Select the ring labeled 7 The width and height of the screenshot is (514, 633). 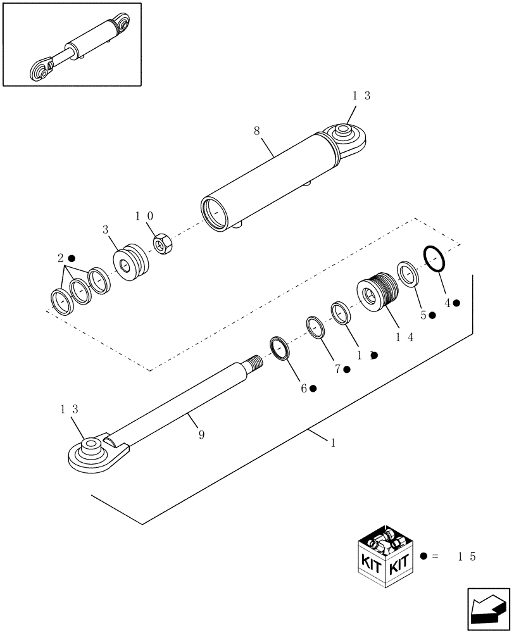coord(316,327)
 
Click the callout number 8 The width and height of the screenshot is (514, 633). coord(256,132)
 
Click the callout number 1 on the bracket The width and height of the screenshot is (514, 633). coord(332,441)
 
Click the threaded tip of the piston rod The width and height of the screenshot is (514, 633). coord(256,363)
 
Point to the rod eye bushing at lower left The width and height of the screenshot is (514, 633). coord(89,450)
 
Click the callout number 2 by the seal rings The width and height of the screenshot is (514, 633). coord(60,258)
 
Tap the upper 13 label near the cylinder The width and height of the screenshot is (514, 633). coord(361,96)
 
